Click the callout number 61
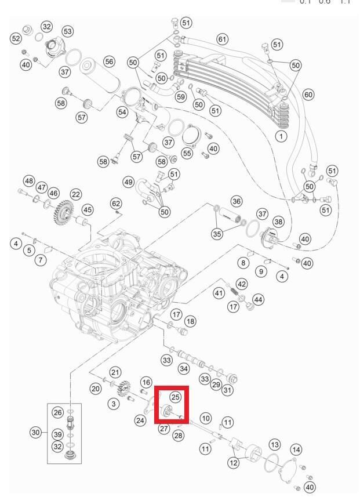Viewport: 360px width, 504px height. pyautogui.click(x=221, y=39)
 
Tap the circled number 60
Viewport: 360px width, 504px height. pyautogui.click(x=308, y=94)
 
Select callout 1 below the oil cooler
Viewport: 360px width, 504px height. pyautogui.click(x=282, y=136)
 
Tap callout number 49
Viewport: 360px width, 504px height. pyautogui.click(x=129, y=182)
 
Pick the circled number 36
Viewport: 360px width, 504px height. pyautogui.click(x=236, y=201)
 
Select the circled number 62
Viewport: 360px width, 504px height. pyautogui.click(x=116, y=203)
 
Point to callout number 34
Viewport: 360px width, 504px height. pyautogui.click(x=184, y=368)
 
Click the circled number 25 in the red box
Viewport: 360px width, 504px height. pyautogui.click(x=176, y=397)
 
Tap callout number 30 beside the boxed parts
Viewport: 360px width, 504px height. pyautogui.click(x=37, y=432)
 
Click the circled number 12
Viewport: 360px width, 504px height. pyautogui.click(x=234, y=462)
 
